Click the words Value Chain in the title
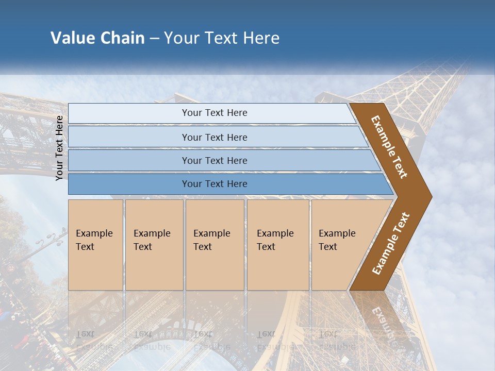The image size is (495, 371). click(97, 38)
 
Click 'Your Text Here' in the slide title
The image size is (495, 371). click(222, 38)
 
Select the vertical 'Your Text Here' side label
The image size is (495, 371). click(59, 148)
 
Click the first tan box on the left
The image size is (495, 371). click(95, 245)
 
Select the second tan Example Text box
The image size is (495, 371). click(154, 245)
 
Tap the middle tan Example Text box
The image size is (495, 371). click(214, 245)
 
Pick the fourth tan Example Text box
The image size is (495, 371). click(278, 245)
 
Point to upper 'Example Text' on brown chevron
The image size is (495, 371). click(389, 147)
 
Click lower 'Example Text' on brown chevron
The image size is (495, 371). click(391, 244)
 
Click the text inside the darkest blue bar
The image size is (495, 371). click(214, 184)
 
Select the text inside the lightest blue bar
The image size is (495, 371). click(214, 113)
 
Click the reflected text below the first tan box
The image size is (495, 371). click(94, 340)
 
